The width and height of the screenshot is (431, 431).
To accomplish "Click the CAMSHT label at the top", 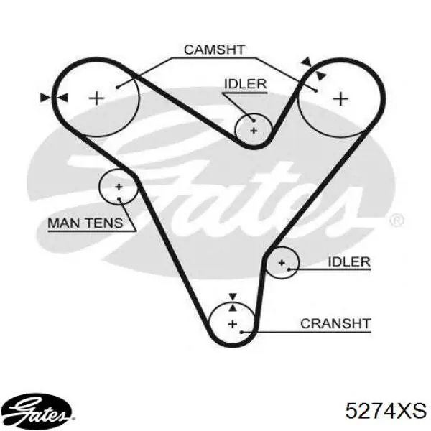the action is pyautogui.click(x=214, y=50).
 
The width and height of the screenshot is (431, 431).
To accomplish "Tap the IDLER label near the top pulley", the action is pyautogui.click(x=246, y=84).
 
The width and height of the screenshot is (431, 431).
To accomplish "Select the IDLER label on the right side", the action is pyautogui.click(x=349, y=261).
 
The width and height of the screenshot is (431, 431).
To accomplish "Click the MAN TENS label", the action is pyautogui.click(x=85, y=223).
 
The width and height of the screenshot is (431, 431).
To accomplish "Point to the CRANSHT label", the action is pyautogui.click(x=335, y=323).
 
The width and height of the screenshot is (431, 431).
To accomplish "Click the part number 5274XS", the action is pyautogui.click(x=386, y=411).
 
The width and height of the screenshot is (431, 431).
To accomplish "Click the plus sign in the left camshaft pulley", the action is pyautogui.click(x=96, y=98).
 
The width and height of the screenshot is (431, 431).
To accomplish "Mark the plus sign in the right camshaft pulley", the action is pyautogui.click(x=340, y=98).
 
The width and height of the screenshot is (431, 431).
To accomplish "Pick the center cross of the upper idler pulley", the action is pyautogui.click(x=254, y=131).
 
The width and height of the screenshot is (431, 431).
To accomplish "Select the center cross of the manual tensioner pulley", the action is pyautogui.click(x=119, y=187).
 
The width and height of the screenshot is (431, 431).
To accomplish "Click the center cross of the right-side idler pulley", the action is pyautogui.click(x=282, y=263).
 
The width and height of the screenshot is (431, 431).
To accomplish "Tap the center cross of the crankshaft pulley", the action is pyautogui.click(x=233, y=324).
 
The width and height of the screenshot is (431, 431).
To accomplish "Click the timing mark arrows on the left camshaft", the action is pyautogui.click(x=54, y=98).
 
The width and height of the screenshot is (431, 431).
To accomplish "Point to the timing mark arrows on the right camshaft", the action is pyautogui.click(x=314, y=69).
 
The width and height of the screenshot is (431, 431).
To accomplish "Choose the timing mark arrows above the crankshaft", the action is pyautogui.click(x=233, y=302).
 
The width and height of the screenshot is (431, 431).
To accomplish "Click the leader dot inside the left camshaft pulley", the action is pyautogui.click(x=117, y=87).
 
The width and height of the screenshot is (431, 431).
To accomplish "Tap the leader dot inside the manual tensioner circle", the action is pyautogui.click(x=119, y=198).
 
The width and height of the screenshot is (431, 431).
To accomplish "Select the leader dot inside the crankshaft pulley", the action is pyautogui.click(x=241, y=332).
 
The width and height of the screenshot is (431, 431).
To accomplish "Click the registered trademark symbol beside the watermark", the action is pyautogui.click(x=397, y=221).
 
